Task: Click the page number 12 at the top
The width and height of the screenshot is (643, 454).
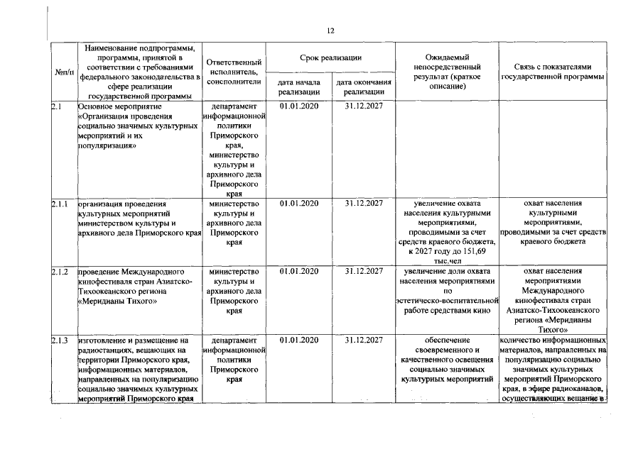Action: click(330, 31)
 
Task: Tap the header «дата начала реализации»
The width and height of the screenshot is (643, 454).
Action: click(299, 87)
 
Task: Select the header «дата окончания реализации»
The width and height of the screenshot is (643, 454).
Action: click(364, 87)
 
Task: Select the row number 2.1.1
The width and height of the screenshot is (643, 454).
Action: click(60, 204)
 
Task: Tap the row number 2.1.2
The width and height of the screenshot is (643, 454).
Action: click(60, 272)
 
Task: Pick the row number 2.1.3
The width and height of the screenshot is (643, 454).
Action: click(60, 340)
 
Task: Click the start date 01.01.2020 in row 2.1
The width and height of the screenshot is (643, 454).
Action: click(299, 106)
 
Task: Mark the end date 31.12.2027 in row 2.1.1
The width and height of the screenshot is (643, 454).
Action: click(364, 204)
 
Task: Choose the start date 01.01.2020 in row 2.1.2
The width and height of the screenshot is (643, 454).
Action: click(299, 272)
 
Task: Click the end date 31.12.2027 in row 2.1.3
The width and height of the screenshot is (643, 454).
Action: click(364, 340)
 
